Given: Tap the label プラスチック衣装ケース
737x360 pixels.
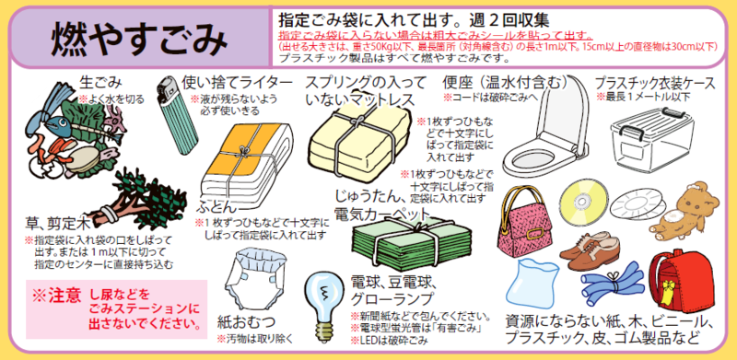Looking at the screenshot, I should click(655, 82).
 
